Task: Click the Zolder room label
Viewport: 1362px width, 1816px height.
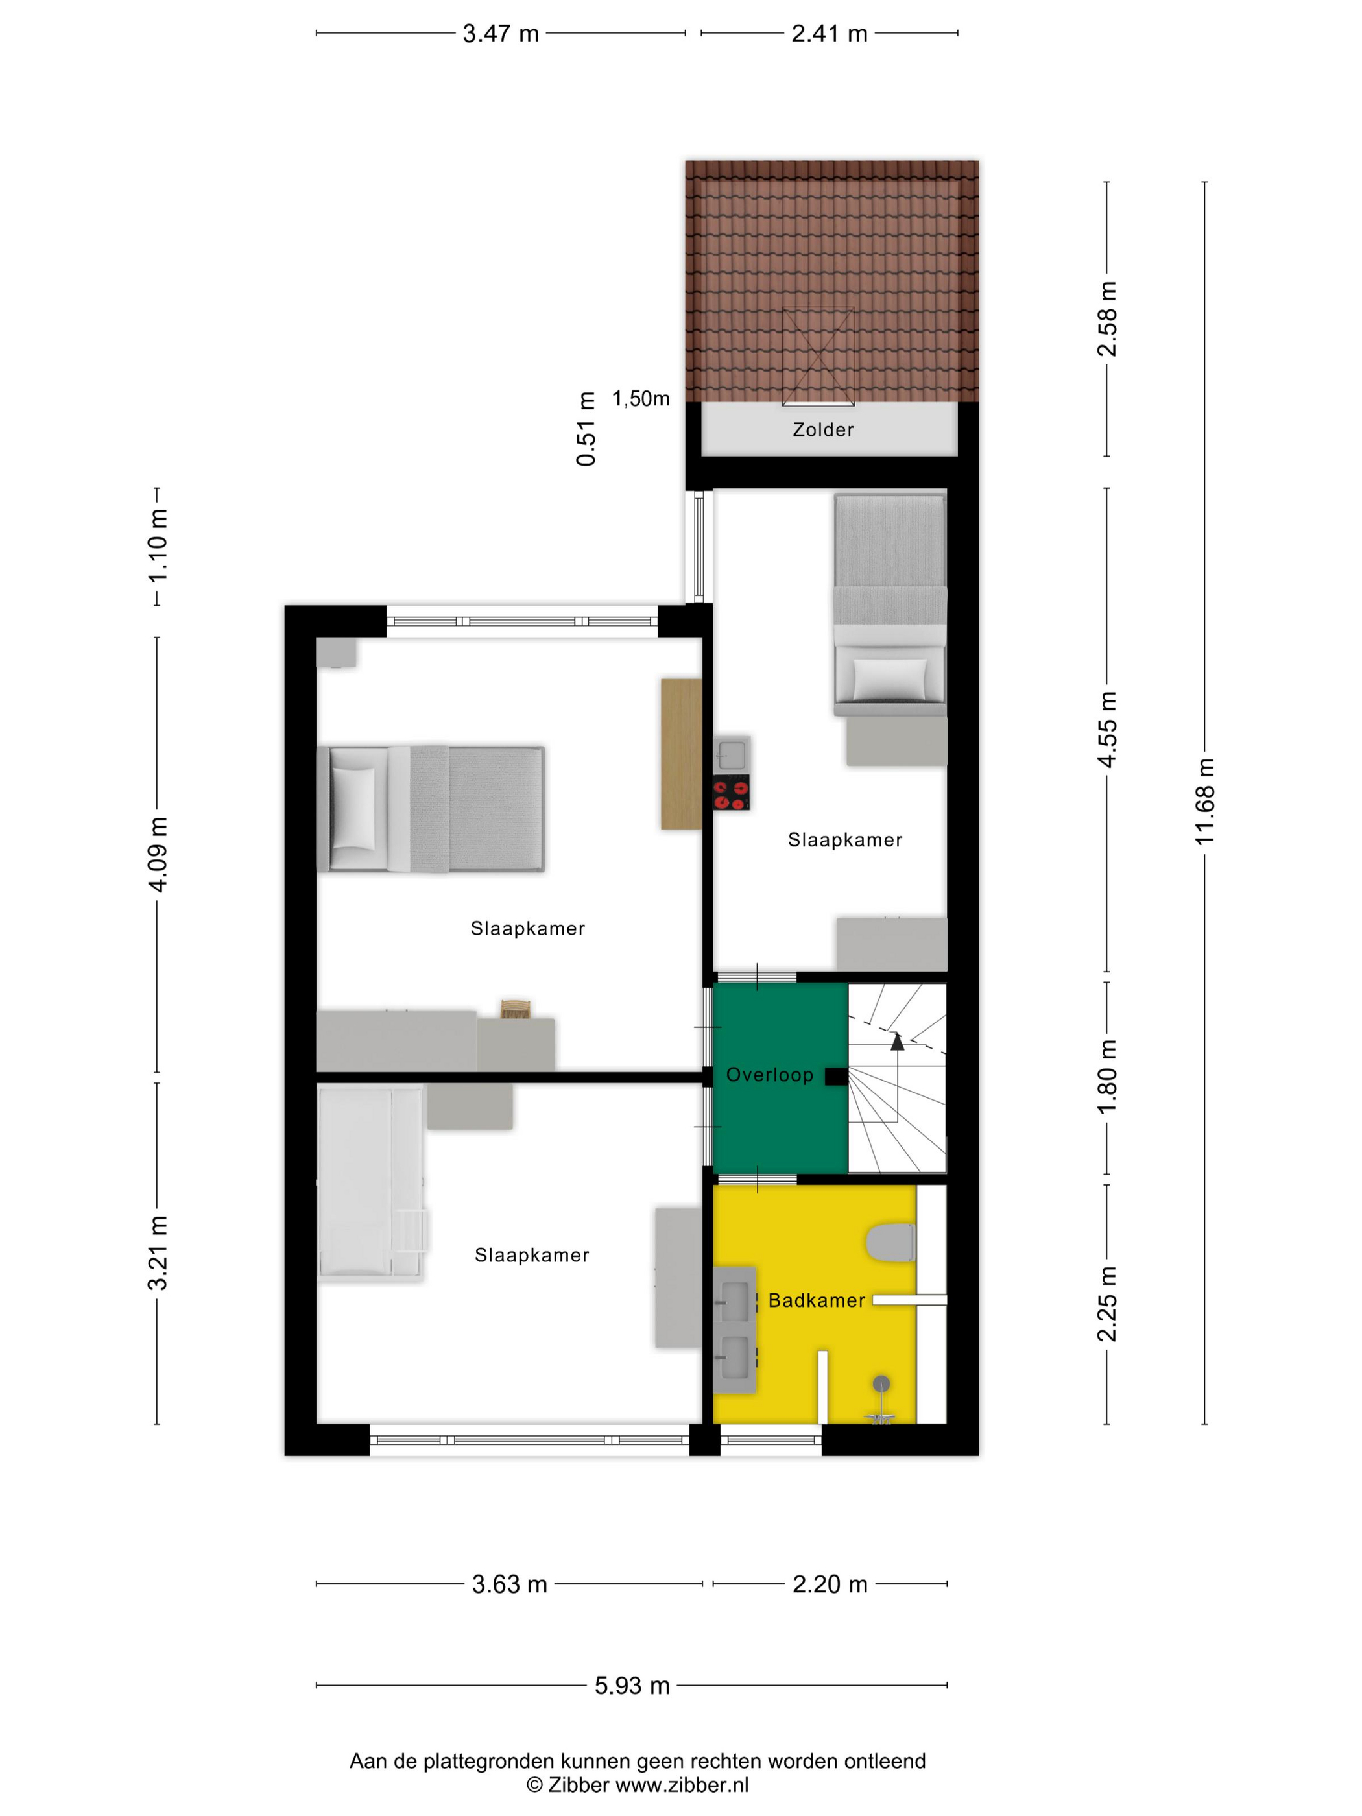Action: click(822, 429)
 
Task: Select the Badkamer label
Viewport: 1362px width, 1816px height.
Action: click(816, 1300)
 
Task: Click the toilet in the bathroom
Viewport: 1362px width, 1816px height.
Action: click(890, 1243)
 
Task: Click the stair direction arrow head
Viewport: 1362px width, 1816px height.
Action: click(898, 1042)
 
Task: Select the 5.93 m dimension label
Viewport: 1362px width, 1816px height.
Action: click(632, 1686)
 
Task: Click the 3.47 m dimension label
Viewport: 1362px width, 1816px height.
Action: click(501, 34)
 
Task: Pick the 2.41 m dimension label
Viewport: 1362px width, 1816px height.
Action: click(829, 34)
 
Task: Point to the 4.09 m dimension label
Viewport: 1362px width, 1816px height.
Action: click(158, 855)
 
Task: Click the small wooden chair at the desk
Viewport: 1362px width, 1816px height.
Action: click(516, 1009)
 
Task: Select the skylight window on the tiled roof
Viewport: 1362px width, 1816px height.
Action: click(818, 356)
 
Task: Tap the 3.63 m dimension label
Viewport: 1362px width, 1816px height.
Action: click(509, 1584)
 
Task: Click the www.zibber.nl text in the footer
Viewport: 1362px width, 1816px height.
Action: click(682, 1785)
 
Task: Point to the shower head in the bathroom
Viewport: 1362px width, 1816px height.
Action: click(881, 1384)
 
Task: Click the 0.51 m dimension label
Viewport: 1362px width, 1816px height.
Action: click(586, 429)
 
